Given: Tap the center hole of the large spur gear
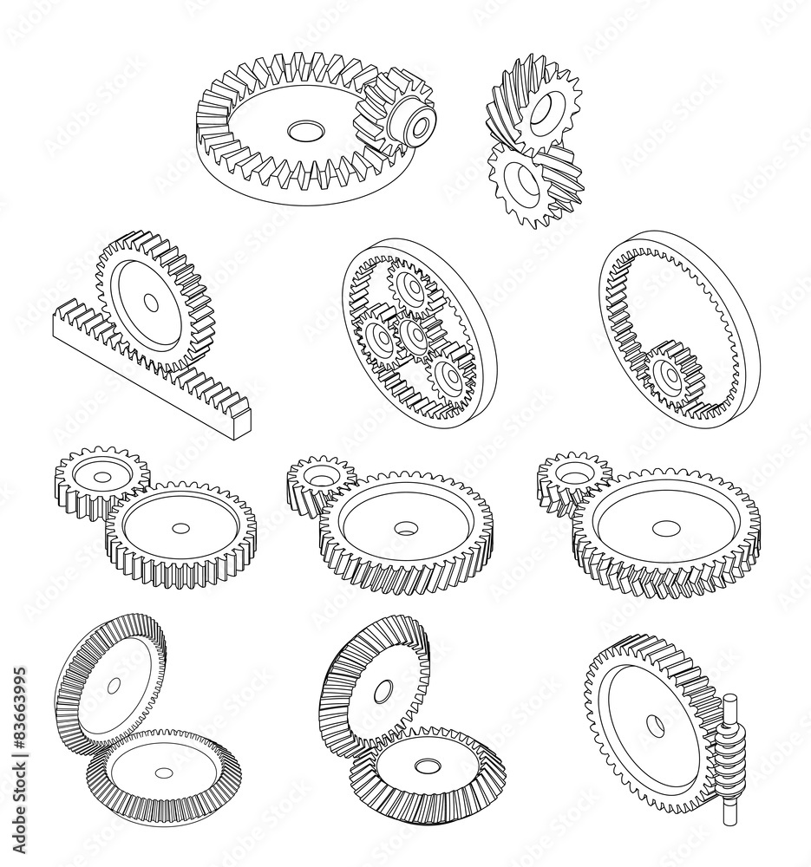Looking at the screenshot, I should tap(180, 528).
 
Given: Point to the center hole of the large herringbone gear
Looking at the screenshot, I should tap(664, 528).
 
